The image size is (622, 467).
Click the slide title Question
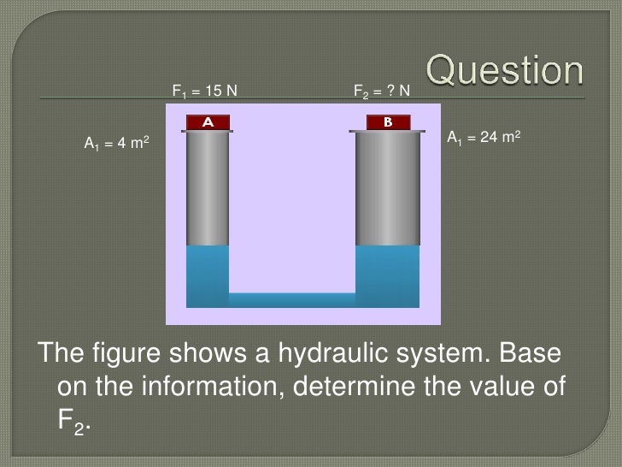tap(506, 72)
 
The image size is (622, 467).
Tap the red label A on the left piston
tap(207, 122)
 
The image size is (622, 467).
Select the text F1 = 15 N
tap(204, 90)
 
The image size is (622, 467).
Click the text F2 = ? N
tap(382, 90)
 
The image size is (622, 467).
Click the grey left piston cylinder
tap(208, 188)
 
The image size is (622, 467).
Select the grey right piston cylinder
tap(387, 188)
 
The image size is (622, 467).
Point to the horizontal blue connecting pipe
tap(291, 300)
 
